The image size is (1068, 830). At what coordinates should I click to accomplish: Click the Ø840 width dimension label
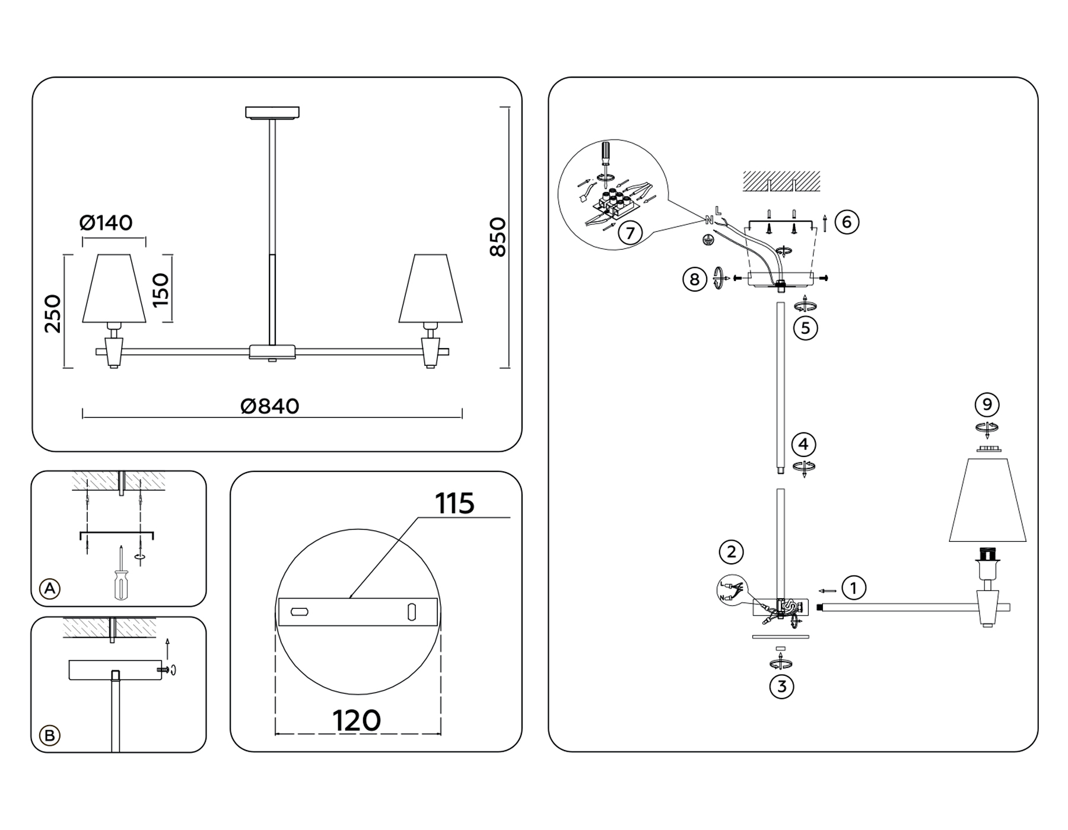coord(270,406)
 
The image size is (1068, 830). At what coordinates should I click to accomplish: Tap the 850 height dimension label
coord(497,237)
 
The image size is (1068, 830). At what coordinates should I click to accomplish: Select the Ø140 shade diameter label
coord(106,223)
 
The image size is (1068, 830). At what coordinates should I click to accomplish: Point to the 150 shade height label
coord(160,289)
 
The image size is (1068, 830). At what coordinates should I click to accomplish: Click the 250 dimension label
coord(52,313)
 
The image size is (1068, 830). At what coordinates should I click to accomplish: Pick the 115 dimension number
coord(454,504)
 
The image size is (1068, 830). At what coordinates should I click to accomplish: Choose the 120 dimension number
coord(357,720)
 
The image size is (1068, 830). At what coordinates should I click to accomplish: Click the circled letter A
coord(50,588)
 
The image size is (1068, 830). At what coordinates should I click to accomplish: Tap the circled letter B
coord(50,735)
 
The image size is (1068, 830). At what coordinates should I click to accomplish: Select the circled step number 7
coord(630,232)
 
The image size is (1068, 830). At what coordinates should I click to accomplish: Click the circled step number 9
coord(987,404)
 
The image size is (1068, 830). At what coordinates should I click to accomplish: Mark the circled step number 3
coord(781,687)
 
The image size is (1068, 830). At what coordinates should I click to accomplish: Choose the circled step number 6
coord(847,222)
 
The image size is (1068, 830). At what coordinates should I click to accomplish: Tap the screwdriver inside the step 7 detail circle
coord(605,157)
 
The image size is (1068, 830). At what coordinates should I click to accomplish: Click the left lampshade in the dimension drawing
coord(114,289)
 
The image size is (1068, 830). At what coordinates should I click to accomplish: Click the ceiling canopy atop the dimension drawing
coord(272,112)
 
